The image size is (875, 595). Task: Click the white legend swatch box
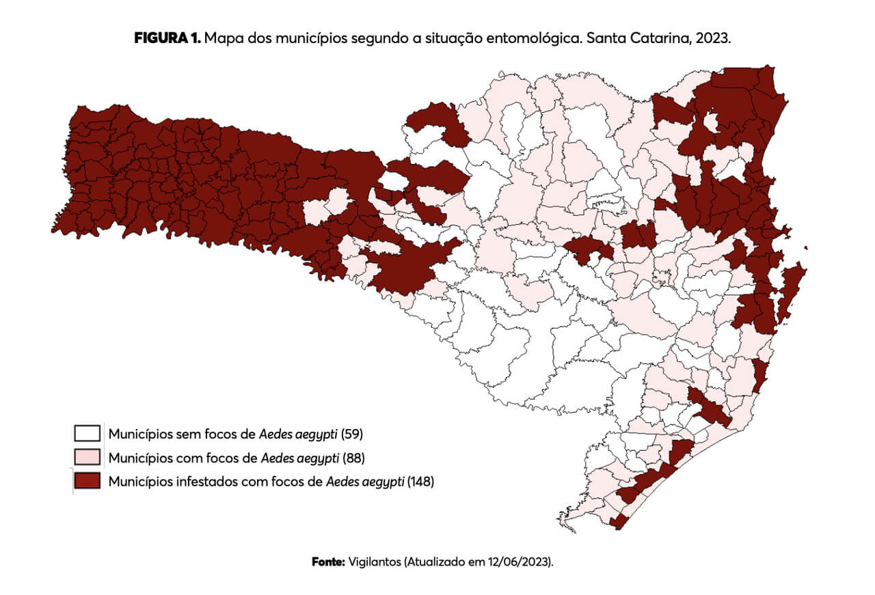coord(87,433)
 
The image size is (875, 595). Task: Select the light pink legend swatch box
coord(87,457)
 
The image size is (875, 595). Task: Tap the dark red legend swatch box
coord(87,481)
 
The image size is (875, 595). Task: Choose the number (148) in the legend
coord(421,482)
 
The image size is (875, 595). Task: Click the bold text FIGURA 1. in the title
coord(167,39)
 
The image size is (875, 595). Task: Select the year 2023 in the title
coord(714,39)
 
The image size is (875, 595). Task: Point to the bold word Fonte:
coord(328,562)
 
